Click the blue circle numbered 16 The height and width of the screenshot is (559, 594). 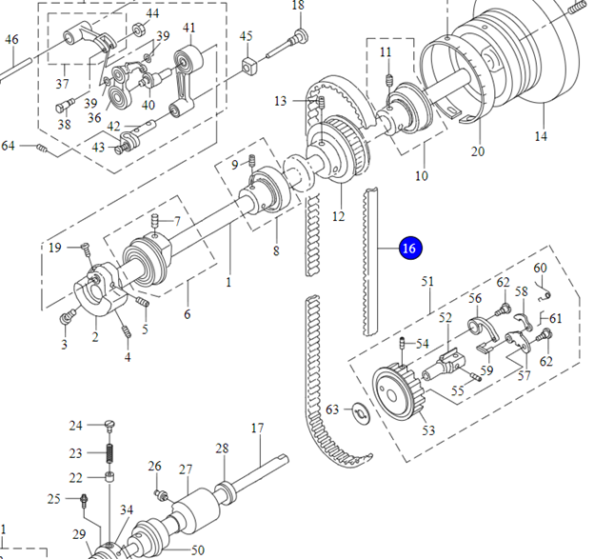[x=409, y=248]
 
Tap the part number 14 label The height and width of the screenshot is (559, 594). [x=541, y=136]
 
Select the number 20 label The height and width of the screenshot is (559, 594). [x=478, y=151]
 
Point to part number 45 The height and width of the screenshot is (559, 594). [x=247, y=37]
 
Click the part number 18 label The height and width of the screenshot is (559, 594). [x=298, y=7]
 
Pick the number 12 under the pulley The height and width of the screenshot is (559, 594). [x=338, y=216]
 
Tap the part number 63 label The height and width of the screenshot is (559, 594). [x=332, y=409]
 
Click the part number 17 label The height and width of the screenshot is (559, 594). [x=257, y=428]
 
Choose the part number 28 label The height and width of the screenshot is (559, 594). [x=222, y=448]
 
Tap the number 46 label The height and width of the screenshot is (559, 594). [x=11, y=40]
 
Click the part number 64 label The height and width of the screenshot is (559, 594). [x=9, y=146]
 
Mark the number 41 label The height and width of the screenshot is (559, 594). [x=189, y=28]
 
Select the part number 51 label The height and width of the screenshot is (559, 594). [x=427, y=281]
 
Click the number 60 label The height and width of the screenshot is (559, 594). [x=540, y=268]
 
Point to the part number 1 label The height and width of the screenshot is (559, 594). [x=228, y=282]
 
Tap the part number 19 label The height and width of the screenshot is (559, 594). [x=55, y=248]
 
